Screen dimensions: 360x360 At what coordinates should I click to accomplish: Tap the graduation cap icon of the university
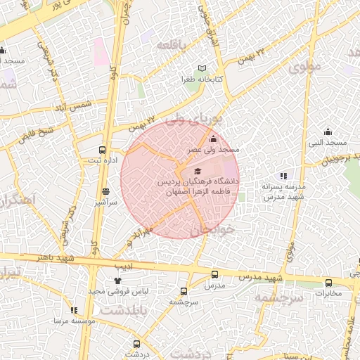[197, 172]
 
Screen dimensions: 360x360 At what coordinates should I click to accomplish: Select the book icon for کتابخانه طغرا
[202, 68]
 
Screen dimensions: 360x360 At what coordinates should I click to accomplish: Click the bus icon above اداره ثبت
[103, 150]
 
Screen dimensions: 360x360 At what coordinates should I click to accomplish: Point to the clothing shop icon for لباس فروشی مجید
[117, 281]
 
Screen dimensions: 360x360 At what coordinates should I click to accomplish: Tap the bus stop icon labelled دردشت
[136, 344]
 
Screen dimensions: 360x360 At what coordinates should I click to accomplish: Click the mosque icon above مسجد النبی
[328, 131]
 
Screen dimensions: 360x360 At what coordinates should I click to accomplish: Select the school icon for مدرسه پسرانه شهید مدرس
[283, 176]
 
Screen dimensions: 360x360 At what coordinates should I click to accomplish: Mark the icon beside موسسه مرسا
[74, 310]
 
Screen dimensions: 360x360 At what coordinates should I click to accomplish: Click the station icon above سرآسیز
[105, 191]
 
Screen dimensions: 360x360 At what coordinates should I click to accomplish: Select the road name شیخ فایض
[37, 132]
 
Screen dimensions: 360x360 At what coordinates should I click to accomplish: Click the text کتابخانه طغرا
[202, 79]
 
